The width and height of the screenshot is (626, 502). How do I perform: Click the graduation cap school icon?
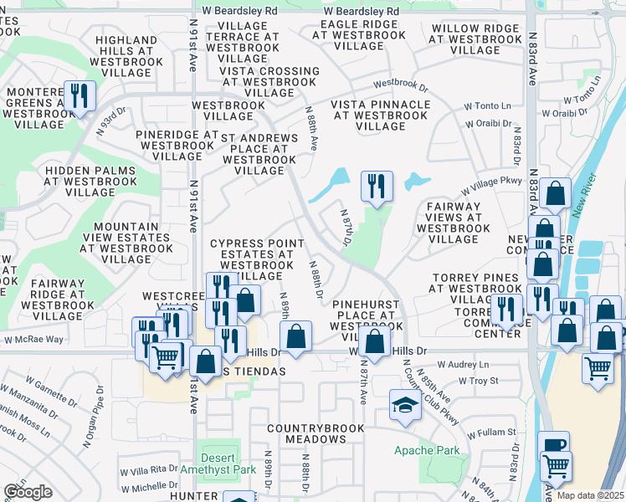click(405, 407)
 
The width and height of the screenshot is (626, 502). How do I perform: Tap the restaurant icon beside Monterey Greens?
click(79, 95)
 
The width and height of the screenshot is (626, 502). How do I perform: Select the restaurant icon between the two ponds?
click(377, 186)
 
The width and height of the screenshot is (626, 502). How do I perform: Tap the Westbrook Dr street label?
click(400, 85)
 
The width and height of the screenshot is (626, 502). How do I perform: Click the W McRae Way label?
click(33, 339)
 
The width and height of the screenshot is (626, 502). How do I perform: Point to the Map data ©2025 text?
click(590, 495)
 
